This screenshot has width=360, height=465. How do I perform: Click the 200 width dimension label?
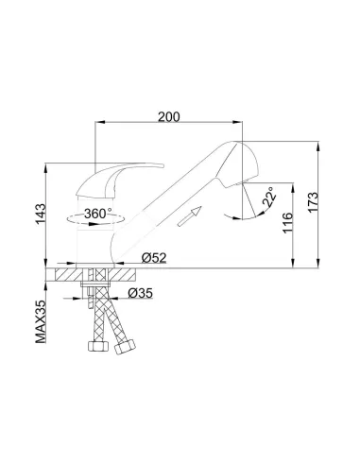(x=169, y=117)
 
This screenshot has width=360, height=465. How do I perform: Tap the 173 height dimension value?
(x=314, y=202)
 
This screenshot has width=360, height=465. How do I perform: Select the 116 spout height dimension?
(x=288, y=223)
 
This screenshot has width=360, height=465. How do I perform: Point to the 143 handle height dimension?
(x=41, y=214)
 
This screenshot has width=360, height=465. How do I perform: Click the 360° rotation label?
(x=98, y=214)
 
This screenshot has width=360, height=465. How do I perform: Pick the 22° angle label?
(x=269, y=197)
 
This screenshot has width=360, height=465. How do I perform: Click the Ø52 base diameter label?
(x=154, y=258)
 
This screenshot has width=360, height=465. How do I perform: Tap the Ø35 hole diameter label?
(x=141, y=293)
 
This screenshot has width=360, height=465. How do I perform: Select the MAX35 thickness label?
(x=41, y=321)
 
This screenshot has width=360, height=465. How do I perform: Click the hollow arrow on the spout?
(x=189, y=216)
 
